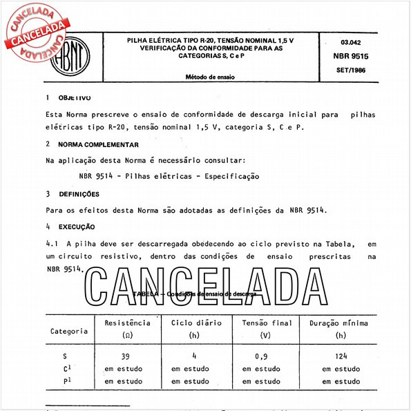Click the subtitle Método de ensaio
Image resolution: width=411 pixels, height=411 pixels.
coord(210,77)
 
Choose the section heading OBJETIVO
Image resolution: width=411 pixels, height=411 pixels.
coord(75,98)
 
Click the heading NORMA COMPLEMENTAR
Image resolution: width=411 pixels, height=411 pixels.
coord(99,144)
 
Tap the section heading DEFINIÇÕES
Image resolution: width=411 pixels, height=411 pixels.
coord(79,194)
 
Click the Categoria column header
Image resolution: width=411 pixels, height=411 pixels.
coord(68,331)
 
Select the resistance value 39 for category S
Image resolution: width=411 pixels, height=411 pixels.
coord(125,357)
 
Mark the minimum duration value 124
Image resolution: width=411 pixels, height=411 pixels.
coord(341,357)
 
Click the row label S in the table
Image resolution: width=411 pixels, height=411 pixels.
coord(65,357)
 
